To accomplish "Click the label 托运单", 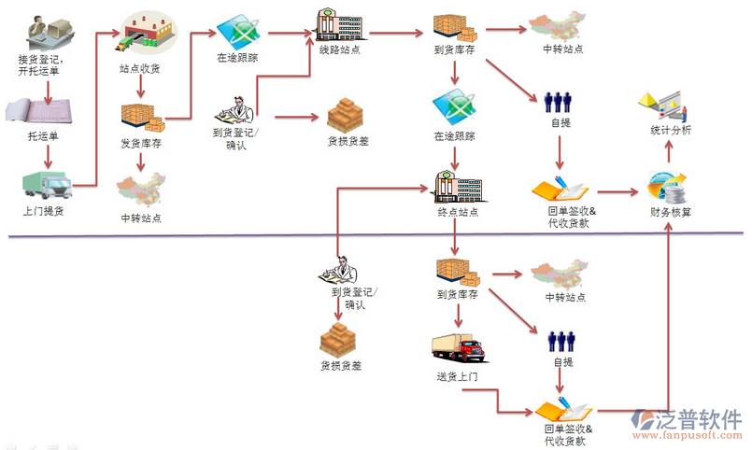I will pos(42,136).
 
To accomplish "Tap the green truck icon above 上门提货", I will pos(43,184).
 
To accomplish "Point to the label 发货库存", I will pos(141,144).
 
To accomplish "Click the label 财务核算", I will pos(671,212).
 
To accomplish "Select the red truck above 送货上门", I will pos(458,347).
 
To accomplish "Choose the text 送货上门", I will pos(457,376).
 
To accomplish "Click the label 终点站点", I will pos(458,212).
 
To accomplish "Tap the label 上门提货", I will pos(44,211).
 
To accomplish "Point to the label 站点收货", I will pos(140,68).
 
